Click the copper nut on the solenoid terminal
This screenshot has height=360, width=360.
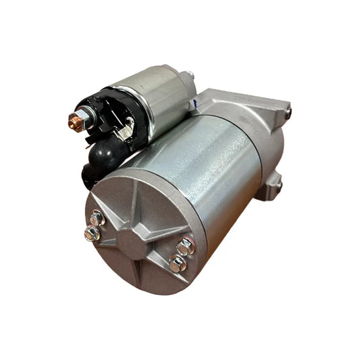point(75,122)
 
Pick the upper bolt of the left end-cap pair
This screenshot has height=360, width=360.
point(97,217)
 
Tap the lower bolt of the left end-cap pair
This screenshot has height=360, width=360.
point(91,234)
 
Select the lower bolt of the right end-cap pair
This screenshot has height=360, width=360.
point(178,264)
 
